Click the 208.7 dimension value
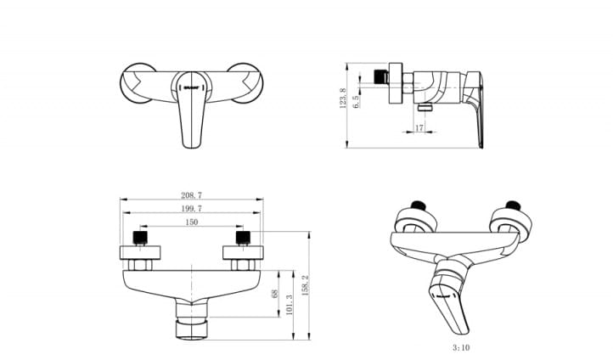[192, 195]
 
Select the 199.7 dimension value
[192, 208]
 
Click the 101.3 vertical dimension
[290, 303]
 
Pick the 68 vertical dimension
[274, 295]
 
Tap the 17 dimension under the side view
[419, 128]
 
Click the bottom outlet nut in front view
[192, 327]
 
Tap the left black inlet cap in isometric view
[417, 205]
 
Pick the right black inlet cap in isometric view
[510, 205]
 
